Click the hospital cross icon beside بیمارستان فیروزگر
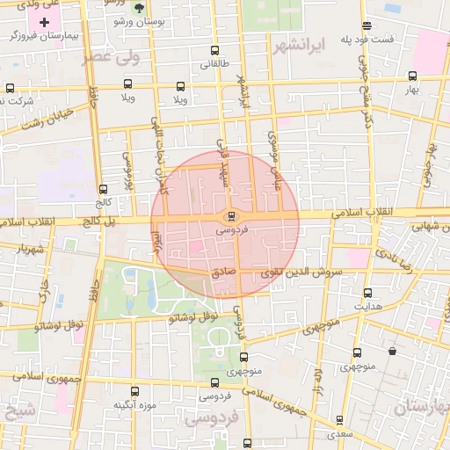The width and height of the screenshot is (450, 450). coord(45,20)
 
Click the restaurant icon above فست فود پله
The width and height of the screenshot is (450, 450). coord(367,25)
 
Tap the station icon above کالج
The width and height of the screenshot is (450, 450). coord(104,189)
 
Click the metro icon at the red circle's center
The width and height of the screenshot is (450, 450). coord(231,215)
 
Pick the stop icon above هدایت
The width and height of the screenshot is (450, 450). coord(367,293)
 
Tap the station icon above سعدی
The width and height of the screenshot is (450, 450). coord(339,420)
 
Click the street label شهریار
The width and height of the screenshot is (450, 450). coord(30,248)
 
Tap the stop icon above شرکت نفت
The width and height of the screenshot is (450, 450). coord(10,88)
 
